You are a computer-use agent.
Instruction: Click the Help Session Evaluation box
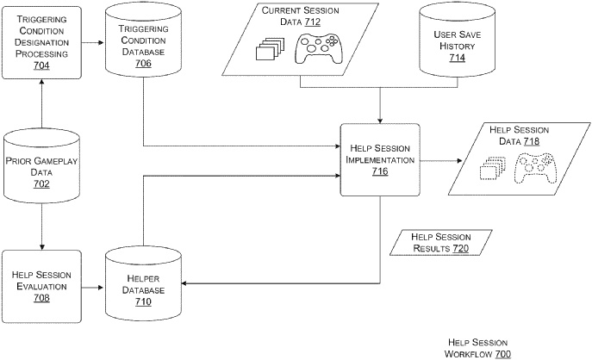coord(42,285)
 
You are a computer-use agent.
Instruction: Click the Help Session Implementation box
coord(380,158)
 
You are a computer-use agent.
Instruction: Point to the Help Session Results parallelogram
coord(440,242)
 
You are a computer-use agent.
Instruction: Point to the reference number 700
coord(502,354)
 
